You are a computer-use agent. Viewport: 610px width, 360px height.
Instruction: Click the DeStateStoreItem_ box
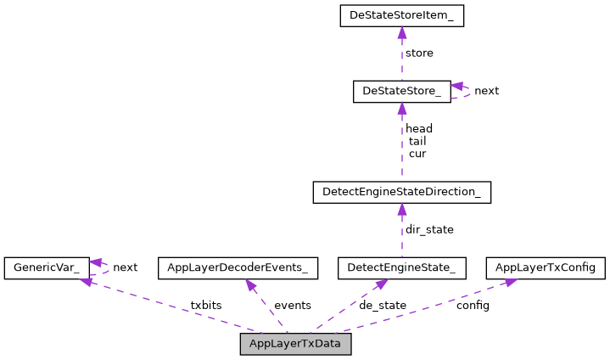tap(401, 16)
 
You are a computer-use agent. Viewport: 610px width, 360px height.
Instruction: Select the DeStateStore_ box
tap(401, 92)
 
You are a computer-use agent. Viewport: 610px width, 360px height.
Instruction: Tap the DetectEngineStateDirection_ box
tap(401, 193)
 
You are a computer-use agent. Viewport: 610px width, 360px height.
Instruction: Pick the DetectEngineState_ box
tap(401, 268)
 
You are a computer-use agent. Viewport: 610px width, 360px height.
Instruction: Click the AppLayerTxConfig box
tap(546, 268)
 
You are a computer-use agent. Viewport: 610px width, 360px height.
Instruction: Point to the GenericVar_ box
tap(46, 268)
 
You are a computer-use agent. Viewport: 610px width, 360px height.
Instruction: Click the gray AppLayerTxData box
tap(295, 344)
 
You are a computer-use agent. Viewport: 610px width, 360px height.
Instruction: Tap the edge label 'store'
tap(419, 53)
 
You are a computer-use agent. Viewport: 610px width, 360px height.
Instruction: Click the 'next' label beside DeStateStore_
tap(486, 91)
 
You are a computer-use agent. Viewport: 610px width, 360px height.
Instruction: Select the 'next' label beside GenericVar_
tap(125, 267)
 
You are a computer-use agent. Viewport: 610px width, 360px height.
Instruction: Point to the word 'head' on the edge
tap(419, 129)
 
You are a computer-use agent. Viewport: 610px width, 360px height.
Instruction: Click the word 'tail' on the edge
tap(417, 142)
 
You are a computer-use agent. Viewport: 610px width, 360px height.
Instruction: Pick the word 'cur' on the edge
tap(417, 155)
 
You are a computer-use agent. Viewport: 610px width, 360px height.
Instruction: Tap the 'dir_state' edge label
tap(429, 230)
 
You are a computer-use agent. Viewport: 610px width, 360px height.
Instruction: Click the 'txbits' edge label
tap(206, 305)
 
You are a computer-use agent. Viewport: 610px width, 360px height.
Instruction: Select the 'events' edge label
tap(292, 306)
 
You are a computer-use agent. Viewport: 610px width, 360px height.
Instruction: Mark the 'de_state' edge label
tap(383, 306)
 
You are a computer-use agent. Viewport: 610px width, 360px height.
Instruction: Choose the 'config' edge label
tap(473, 306)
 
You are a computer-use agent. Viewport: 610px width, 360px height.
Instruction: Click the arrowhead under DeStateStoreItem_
tap(401, 33)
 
